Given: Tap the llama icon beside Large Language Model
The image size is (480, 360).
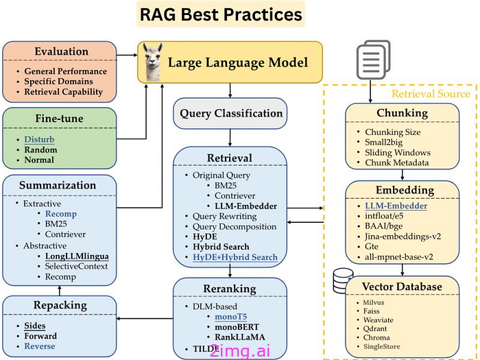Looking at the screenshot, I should point(156,60).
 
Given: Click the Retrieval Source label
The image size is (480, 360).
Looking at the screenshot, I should point(431,93).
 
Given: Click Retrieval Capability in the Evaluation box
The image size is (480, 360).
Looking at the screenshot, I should point(63,92).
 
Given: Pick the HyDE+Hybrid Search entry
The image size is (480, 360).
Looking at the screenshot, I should point(236,257).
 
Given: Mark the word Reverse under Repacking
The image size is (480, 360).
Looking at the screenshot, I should point(40,348).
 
